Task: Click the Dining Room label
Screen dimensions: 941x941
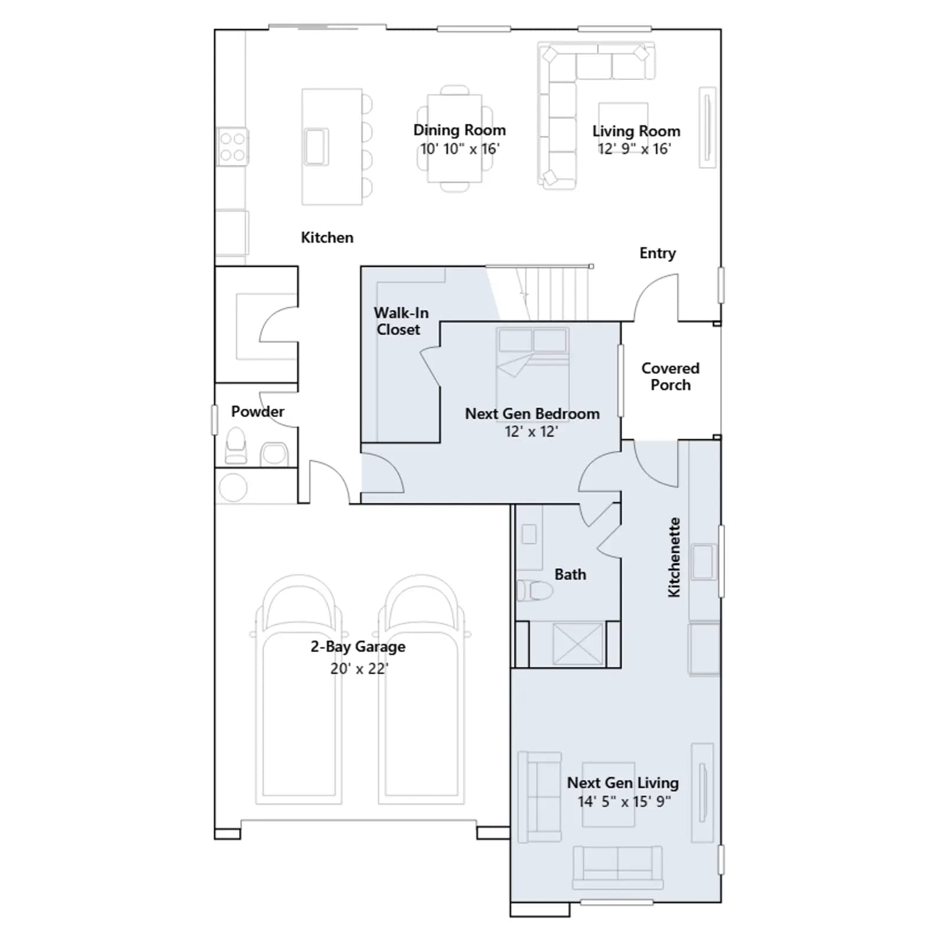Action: click(459, 130)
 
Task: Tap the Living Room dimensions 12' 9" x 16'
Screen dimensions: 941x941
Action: click(635, 149)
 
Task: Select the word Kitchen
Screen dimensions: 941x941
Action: click(327, 238)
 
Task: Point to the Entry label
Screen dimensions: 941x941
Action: click(658, 253)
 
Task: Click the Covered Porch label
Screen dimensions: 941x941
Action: click(670, 376)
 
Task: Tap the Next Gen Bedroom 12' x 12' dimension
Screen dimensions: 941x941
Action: click(531, 432)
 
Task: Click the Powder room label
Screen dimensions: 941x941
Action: click(258, 411)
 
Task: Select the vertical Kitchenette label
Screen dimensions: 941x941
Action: click(674, 558)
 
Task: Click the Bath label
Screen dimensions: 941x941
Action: click(570, 575)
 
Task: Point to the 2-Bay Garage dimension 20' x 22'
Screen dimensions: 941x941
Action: click(359, 669)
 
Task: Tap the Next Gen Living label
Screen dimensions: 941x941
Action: click(623, 783)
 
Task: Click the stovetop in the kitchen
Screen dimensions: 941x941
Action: click(232, 146)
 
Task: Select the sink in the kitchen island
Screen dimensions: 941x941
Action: click(316, 146)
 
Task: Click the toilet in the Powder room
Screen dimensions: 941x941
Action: click(236, 445)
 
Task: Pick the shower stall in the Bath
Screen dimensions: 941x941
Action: click(578, 644)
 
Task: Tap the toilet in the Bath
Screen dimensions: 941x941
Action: click(535, 590)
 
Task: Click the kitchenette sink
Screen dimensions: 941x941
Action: click(703, 562)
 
